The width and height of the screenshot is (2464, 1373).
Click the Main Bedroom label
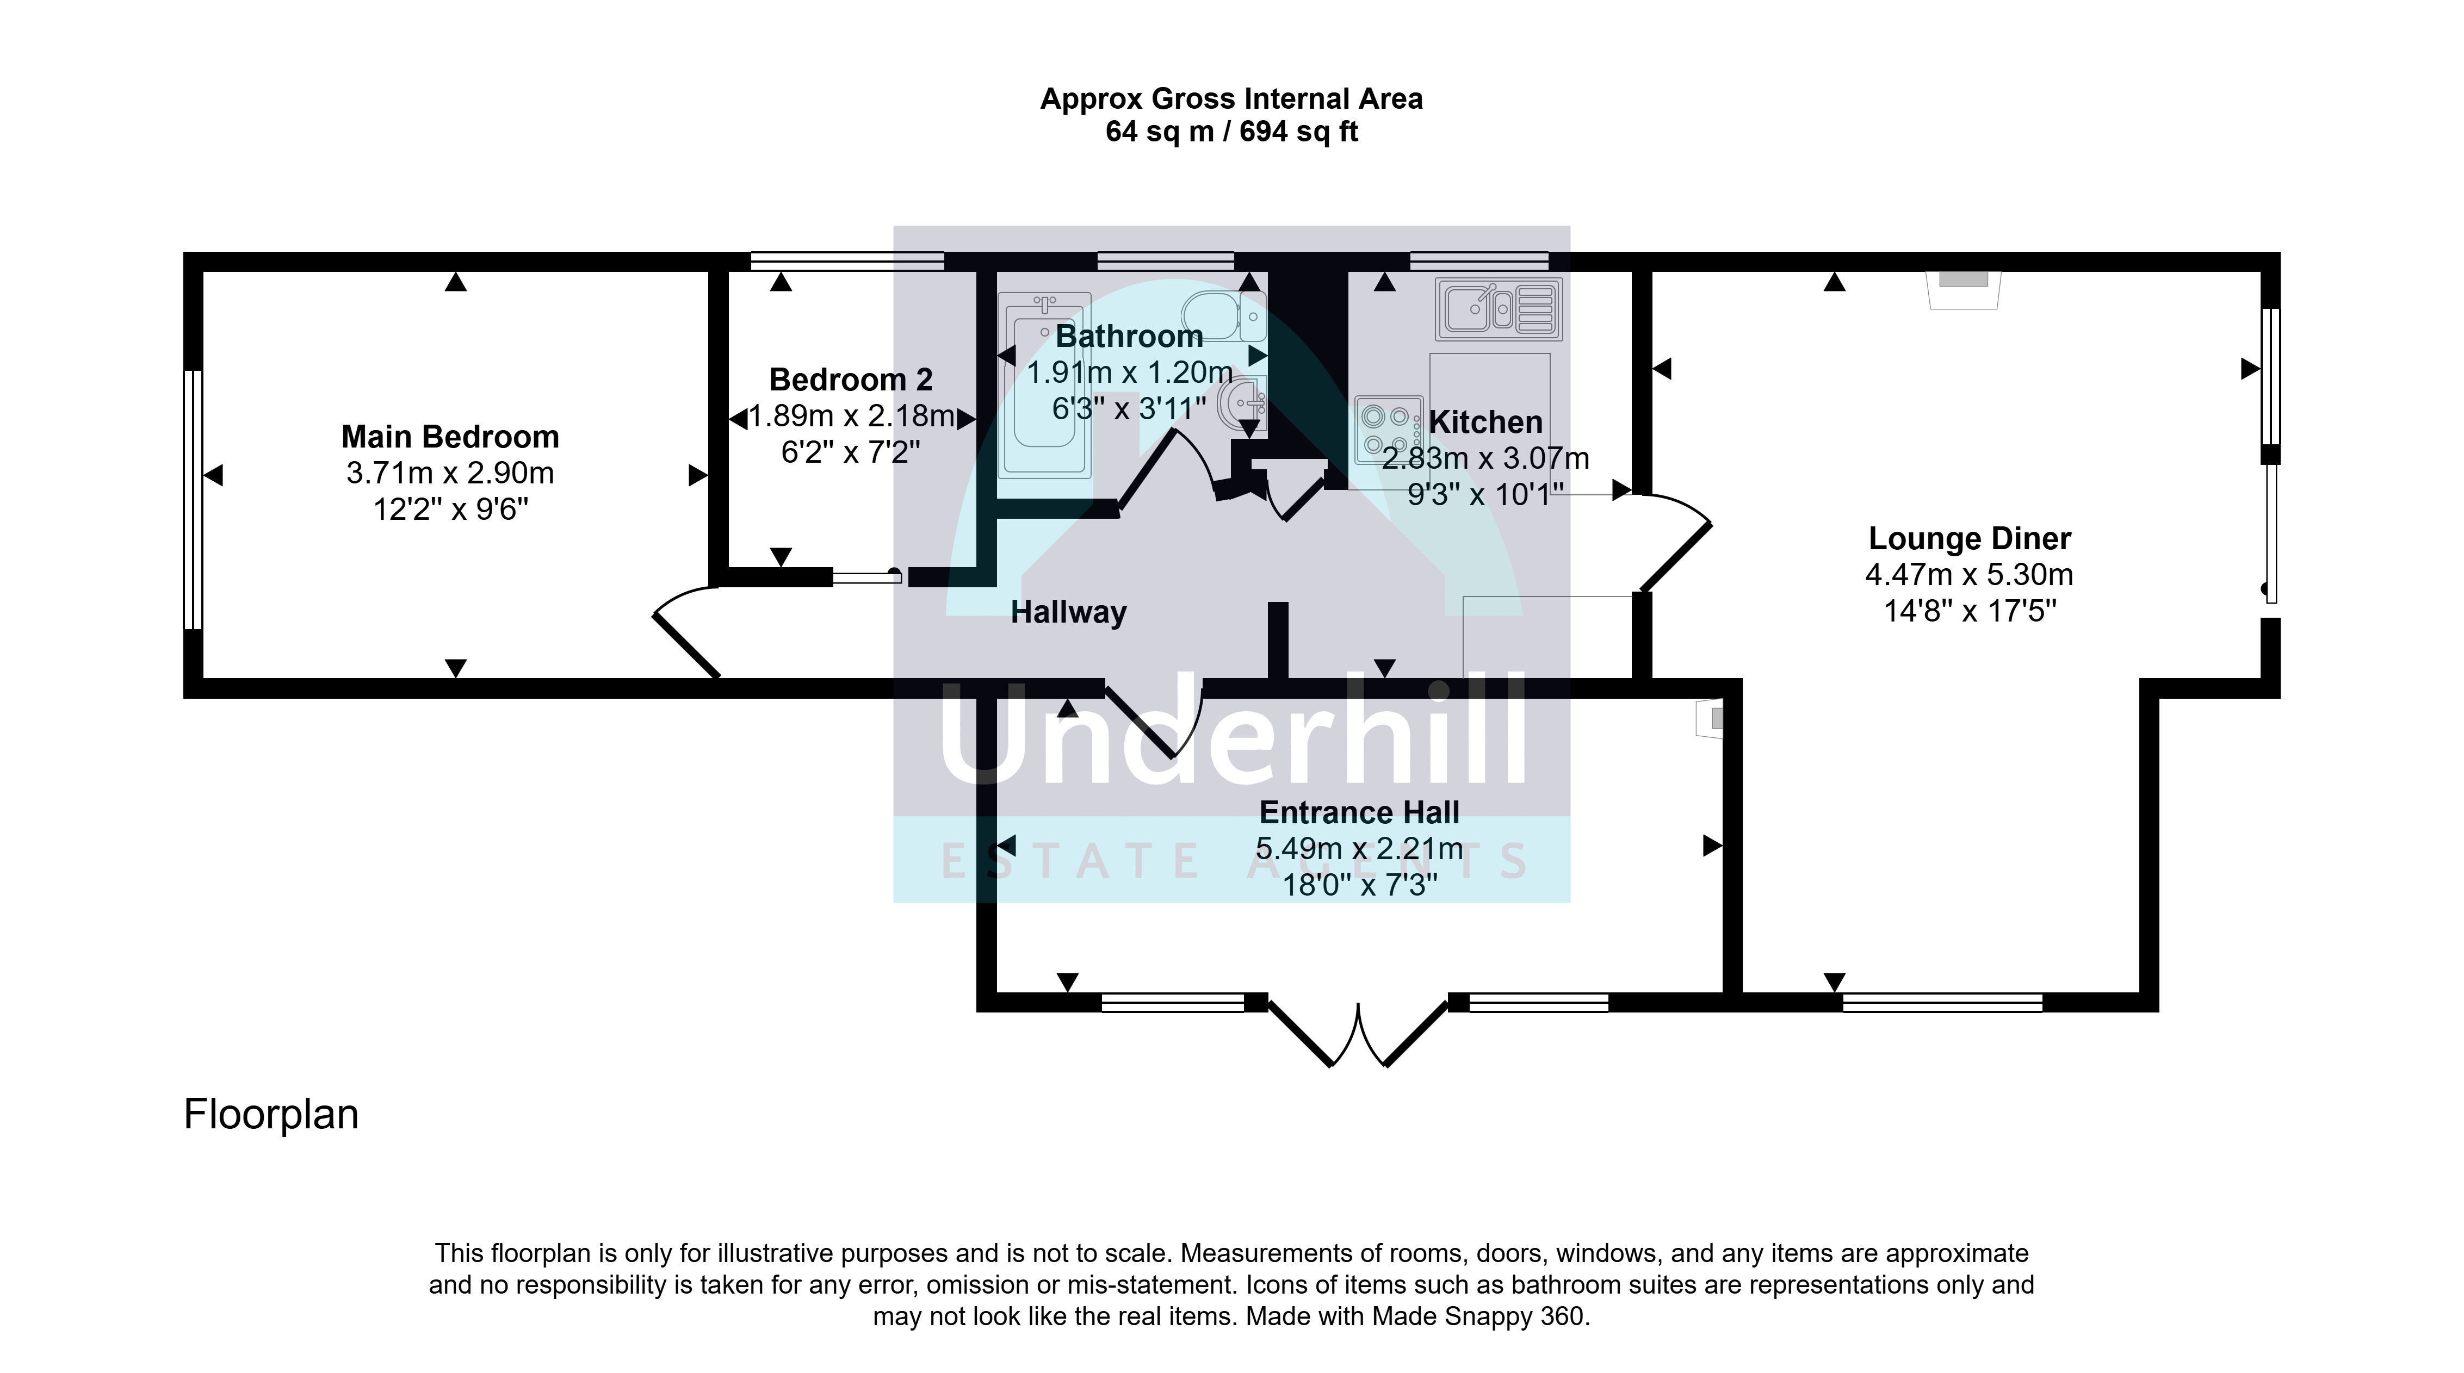(450, 437)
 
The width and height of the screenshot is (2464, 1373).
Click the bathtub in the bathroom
(1044, 384)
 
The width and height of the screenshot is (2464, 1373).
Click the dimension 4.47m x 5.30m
(1970, 575)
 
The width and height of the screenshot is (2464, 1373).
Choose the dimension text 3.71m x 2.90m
(450, 473)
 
